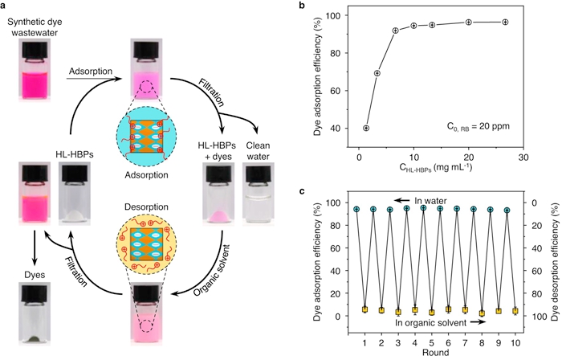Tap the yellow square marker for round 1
pyautogui.click(x=364, y=309)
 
